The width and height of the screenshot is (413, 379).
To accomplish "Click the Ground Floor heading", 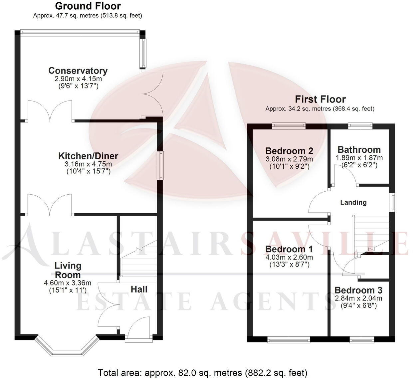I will (x=88, y=6).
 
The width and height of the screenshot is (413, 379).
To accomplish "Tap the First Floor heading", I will (x=320, y=99).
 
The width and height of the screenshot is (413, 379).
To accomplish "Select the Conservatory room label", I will (x=78, y=71).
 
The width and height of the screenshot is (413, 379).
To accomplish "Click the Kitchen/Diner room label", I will (x=88, y=156).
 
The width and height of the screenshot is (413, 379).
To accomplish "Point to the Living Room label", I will (x=68, y=270).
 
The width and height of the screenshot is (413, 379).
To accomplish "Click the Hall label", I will (x=139, y=289).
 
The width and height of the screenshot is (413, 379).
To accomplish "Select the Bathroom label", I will (x=359, y=150).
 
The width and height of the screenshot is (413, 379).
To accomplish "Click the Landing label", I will (x=353, y=202).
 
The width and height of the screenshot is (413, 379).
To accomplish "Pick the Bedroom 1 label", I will (x=289, y=249).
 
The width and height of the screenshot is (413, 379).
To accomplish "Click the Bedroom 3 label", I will (x=358, y=290).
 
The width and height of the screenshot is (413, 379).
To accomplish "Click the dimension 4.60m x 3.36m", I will (x=67, y=283).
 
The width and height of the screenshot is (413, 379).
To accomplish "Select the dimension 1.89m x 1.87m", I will (x=359, y=158).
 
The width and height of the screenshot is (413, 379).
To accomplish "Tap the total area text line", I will (x=202, y=372).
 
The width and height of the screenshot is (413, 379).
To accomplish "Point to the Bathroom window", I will (x=360, y=125).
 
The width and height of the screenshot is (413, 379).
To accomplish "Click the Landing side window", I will (x=393, y=202).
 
